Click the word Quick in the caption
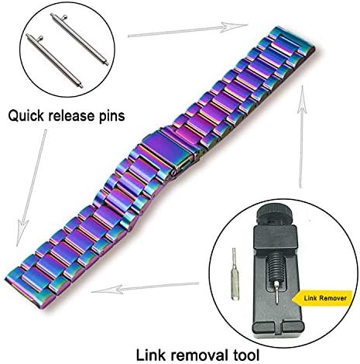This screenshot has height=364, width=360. [26, 116]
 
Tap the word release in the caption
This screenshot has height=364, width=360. [71, 115]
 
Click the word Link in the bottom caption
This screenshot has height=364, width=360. [150, 355]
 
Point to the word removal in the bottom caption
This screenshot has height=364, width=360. [199, 355]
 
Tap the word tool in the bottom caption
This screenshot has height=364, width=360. [246, 355]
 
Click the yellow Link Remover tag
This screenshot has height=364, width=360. [323, 298]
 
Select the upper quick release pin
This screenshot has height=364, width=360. [80, 39]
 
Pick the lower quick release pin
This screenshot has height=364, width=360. [54, 61]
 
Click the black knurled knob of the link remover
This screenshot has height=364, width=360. [275, 214]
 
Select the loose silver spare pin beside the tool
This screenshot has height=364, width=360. [235, 274]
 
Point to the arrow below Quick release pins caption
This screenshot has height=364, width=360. [32, 187]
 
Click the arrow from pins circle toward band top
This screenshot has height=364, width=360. [187, 30]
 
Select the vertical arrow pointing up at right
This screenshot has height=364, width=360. [301, 136]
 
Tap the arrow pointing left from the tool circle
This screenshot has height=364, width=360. [145, 288]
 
